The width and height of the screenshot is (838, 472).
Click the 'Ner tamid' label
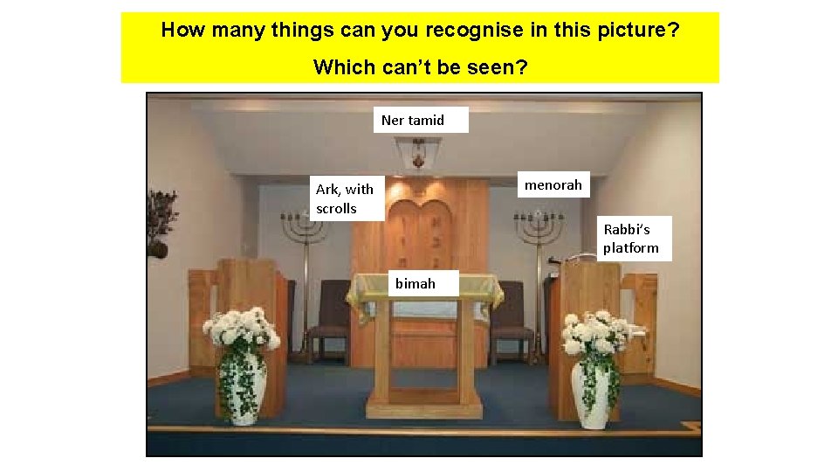click(422, 120)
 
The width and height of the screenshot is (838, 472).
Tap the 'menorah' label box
click(553, 185)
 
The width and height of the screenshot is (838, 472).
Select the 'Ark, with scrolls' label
click(345, 198)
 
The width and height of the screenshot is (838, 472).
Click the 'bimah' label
click(415, 283)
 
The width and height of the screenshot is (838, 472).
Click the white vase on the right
click(594, 393)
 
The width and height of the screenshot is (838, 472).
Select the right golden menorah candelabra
click(538, 232)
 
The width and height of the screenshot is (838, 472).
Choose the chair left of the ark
click(329, 315)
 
